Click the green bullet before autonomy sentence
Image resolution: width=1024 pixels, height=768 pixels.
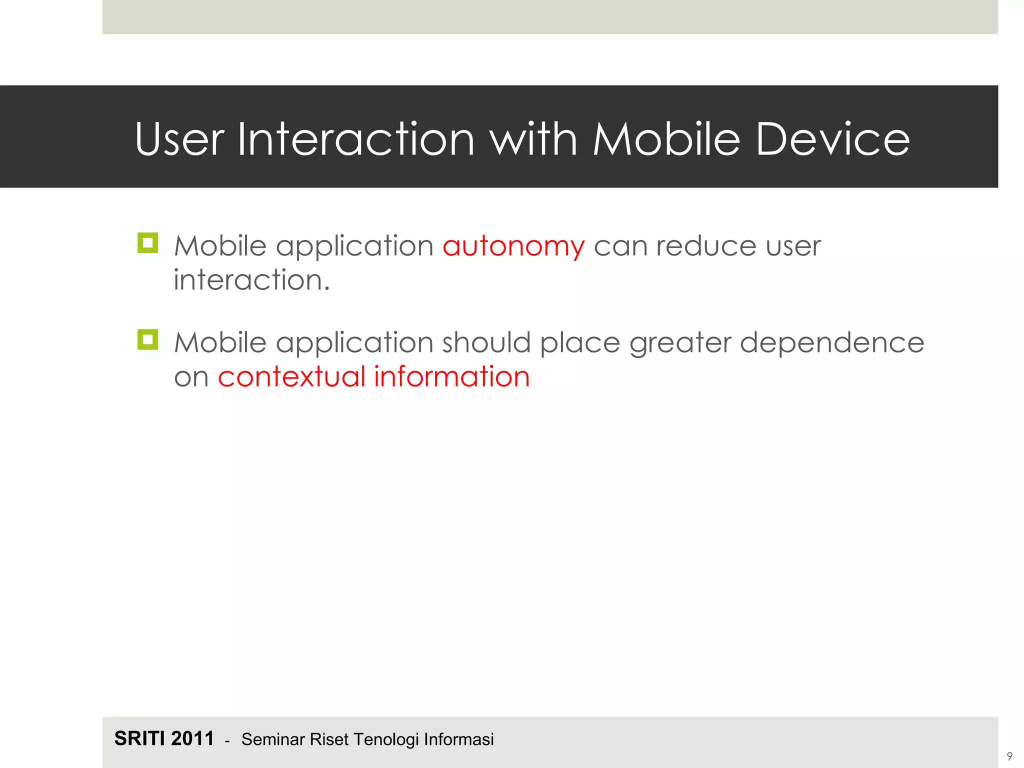click(x=147, y=243)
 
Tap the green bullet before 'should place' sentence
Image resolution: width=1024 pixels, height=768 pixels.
click(x=147, y=339)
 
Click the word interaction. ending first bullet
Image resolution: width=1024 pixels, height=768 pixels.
click(x=251, y=280)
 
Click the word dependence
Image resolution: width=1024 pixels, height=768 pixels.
click(x=831, y=343)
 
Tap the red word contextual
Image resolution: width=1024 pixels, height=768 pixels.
click(x=291, y=376)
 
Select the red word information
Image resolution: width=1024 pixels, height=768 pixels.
click(x=451, y=376)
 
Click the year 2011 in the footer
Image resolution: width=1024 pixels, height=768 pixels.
click(x=192, y=738)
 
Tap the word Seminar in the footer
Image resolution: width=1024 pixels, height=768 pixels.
click(x=273, y=739)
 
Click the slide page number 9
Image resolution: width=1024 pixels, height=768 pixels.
click(x=1009, y=756)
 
